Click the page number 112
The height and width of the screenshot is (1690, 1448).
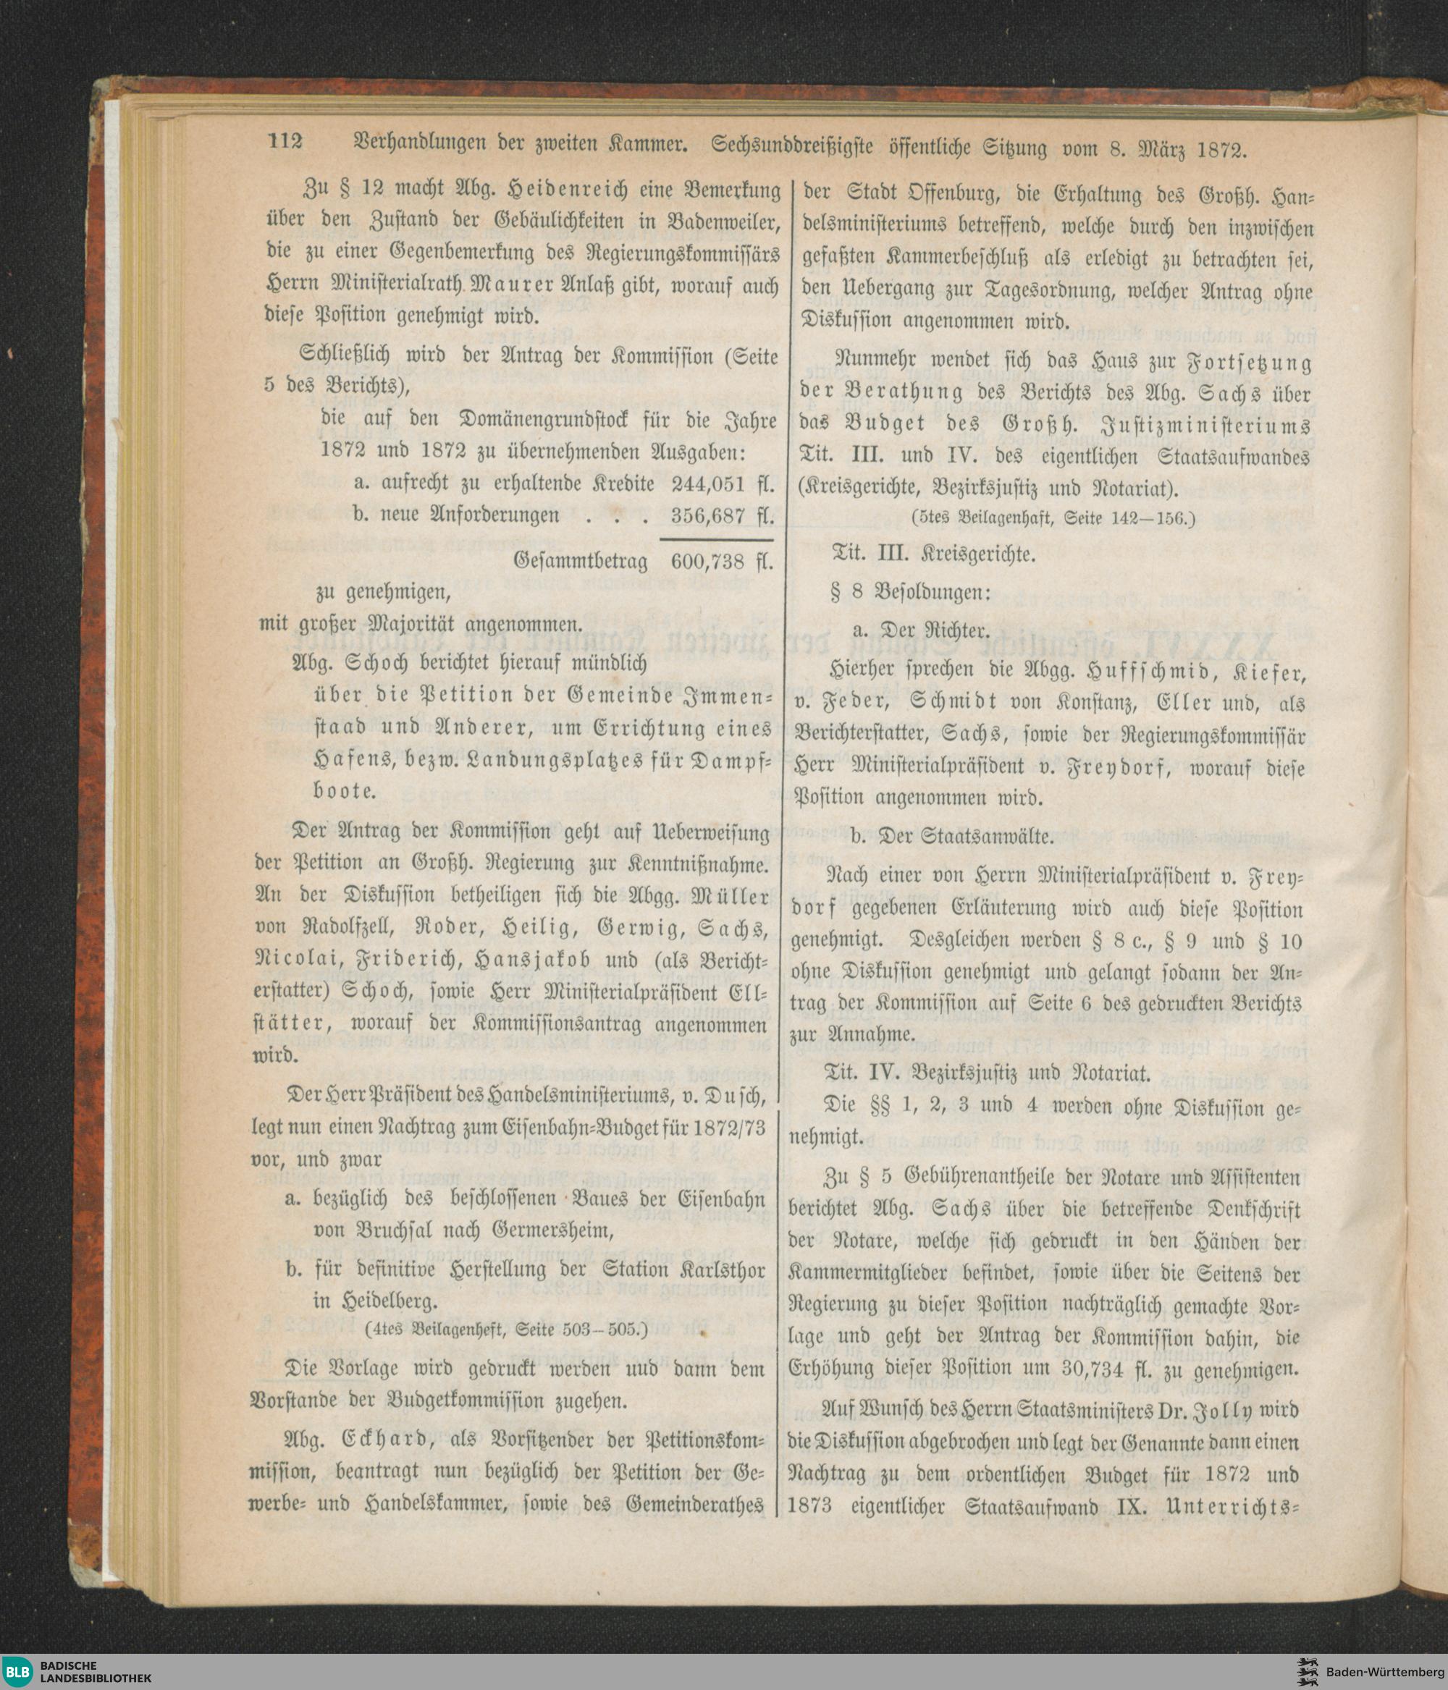[x=285, y=141]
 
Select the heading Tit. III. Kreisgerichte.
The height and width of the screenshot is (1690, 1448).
[x=933, y=554]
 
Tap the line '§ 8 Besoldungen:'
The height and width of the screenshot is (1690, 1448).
[x=909, y=593]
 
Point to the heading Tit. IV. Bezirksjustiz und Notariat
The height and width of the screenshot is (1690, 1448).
[x=989, y=1071]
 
